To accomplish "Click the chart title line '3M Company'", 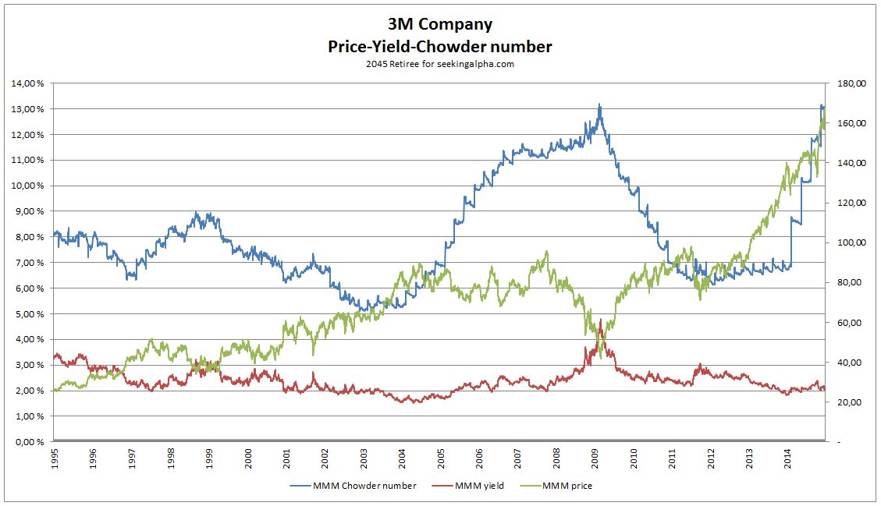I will tap(440, 24).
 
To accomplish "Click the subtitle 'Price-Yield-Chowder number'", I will tap(440, 47).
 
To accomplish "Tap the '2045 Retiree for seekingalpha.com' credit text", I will tap(440, 65).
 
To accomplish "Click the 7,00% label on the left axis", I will tap(27, 263).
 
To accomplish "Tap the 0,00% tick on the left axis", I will tap(27, 442).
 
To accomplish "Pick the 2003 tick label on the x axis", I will tap(363, 458).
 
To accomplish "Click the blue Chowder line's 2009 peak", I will tap(599, 104).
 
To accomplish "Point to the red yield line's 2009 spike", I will tap(600, 320).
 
